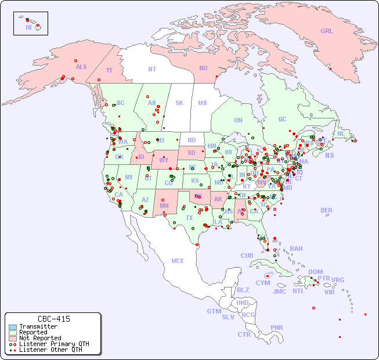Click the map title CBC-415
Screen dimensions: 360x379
(54, 319)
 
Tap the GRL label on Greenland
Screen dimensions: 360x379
(327, 31)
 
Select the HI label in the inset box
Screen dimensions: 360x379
(28, 27)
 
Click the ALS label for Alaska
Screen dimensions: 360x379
(81, 67)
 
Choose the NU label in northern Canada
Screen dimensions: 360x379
(203, 68)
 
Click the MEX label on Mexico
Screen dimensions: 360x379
(178, 261)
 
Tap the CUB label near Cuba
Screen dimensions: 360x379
(247, 255)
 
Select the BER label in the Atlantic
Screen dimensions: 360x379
(327, 210)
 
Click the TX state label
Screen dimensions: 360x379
(189, 218)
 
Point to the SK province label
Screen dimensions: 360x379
(179, 103)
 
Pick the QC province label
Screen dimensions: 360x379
(282, 119)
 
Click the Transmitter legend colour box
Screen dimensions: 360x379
(13, 327)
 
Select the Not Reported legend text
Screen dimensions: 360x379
(40, 338)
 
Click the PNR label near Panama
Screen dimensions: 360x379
(277, 327)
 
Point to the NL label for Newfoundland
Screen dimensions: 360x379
(341, 133)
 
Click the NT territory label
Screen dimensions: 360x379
(152, 69)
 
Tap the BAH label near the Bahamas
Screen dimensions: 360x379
(296, 249)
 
